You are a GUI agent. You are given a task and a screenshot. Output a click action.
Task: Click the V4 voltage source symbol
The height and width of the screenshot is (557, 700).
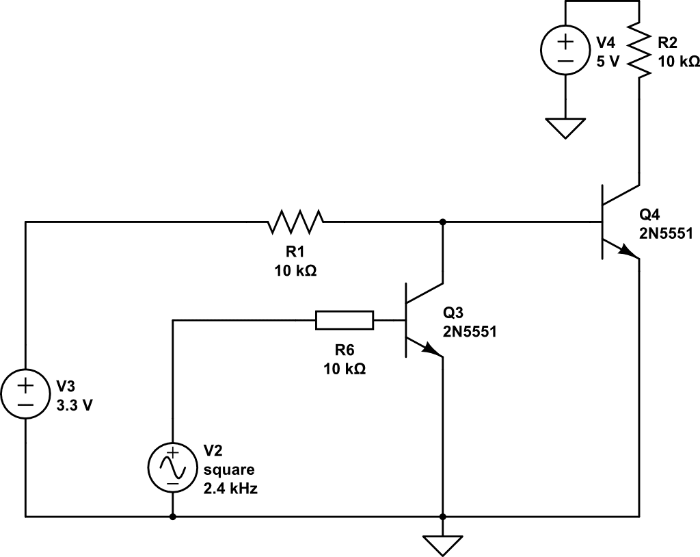(565, 51)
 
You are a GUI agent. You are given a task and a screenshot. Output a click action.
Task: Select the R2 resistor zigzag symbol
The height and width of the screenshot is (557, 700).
(638, 51)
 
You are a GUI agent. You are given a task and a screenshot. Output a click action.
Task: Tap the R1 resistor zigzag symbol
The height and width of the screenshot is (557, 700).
(296, 222)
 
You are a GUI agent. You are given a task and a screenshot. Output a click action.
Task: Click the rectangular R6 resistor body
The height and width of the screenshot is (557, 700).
(345, 320)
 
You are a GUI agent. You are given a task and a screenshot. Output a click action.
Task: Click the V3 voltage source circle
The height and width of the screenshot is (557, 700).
(25, 396)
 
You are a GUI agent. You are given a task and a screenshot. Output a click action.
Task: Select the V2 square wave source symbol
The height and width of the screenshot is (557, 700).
(172, 468)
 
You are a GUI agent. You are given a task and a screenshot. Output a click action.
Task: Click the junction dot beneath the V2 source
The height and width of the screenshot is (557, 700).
(172, 517)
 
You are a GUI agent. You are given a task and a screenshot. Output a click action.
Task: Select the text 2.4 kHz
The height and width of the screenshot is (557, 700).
(230, 489)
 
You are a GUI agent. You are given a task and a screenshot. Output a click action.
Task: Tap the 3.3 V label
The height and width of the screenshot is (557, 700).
(76, 404)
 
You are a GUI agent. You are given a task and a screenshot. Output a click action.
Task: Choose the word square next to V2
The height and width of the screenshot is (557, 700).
(228, 470)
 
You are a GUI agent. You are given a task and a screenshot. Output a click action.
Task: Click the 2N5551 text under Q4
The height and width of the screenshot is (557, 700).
(667, 233)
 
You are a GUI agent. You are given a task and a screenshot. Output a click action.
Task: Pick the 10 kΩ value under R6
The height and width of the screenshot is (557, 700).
(345, 368)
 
